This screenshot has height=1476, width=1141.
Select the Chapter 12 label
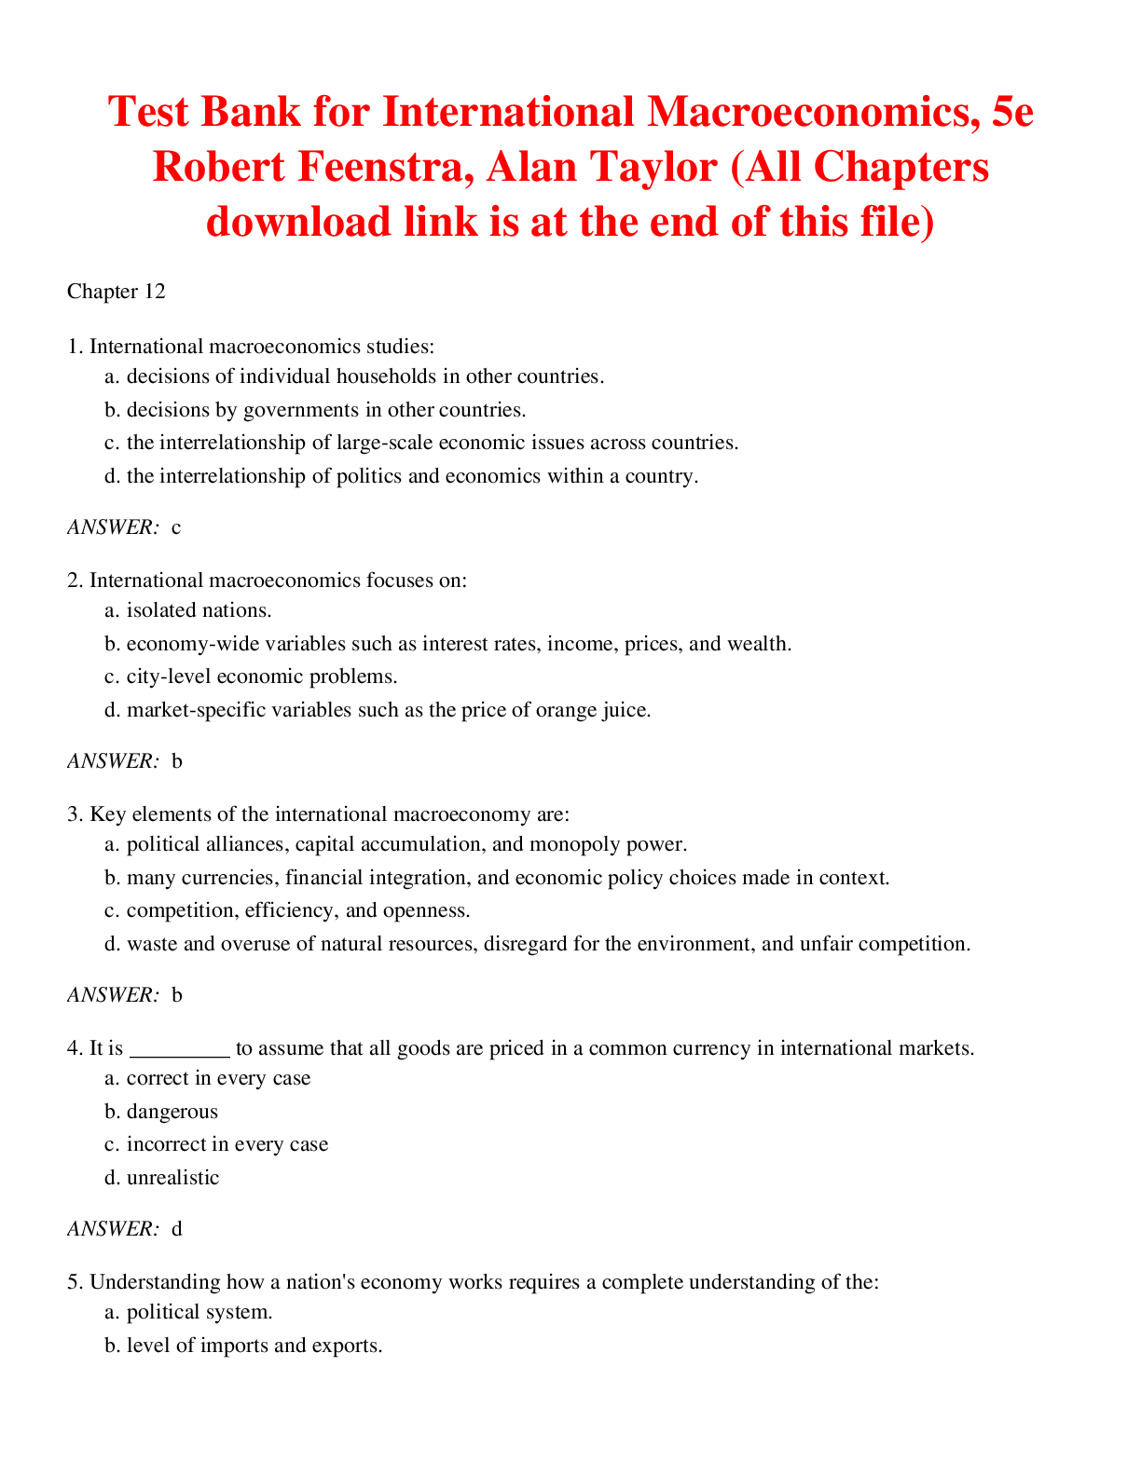(x=117, y=292)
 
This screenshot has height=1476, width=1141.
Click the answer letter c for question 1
(x=176, y=527)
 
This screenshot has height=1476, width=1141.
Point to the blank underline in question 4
(x=179, y=1048)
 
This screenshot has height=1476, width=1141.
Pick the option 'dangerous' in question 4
(x=172, y=1112)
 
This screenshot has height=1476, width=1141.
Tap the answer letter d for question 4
(x=177, y=1229)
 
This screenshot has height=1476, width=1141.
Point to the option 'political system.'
(x=199, y=1312)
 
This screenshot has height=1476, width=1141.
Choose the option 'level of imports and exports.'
(x=254, y=1346)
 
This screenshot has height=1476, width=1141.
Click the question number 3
(x=74, y=814)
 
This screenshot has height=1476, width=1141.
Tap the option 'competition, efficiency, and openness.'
(x=298, y=910)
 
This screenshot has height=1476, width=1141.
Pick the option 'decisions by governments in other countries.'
(x=326, y=410)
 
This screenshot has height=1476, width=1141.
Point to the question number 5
(x=74, y=1282)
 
